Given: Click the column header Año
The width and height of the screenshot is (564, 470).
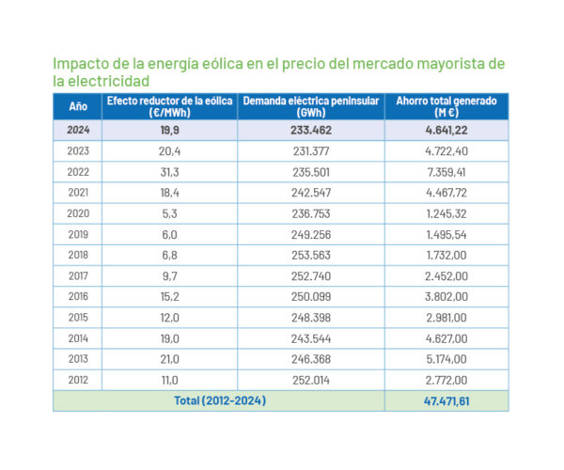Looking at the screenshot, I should coord(78,106).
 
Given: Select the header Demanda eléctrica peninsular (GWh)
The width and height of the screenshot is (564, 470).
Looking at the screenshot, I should coord(311,106).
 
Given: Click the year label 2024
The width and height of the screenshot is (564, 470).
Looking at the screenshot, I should coord(78,130).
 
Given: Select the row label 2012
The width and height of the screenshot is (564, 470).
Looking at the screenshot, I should coord(78,380).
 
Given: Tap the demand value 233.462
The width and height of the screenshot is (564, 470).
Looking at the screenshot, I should coord(311,130).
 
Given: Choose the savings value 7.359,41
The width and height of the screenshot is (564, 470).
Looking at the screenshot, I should coord(446,172).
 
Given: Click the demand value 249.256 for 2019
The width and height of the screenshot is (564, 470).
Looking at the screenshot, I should coord(311,234).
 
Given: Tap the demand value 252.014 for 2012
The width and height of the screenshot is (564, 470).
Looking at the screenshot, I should coord(311,380).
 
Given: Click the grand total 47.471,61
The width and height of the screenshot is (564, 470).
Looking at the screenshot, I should coord(446,400).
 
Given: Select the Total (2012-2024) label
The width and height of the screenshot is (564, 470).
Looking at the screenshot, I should coord(219,400).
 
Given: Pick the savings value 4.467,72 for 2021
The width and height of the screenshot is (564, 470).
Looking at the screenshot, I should coord(446,193).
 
